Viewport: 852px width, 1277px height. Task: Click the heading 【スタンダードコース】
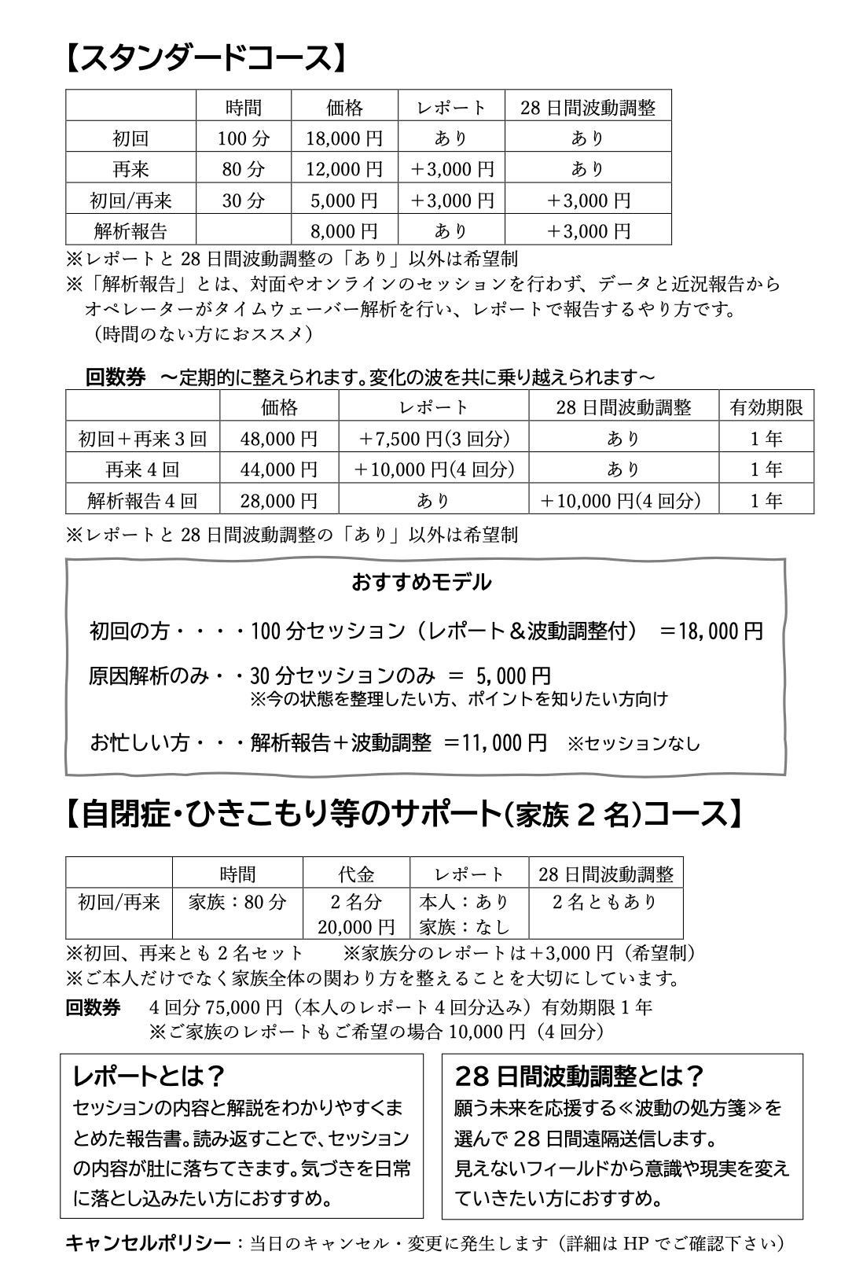tap(204, 57)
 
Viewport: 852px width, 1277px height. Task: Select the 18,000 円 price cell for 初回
tap(344, 138)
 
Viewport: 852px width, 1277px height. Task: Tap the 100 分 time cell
tap(243, 138)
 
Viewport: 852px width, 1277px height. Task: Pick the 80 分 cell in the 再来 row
tap(243, 169)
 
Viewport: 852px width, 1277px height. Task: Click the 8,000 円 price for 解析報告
tap(344, 230)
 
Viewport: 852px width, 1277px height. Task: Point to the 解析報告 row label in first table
tap(130, 230)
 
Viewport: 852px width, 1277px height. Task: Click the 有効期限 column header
tap(766, 407)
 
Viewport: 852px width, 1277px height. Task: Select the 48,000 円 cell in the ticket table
tap(279, 439)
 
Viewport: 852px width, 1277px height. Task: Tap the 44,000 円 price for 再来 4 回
tap(279, 469)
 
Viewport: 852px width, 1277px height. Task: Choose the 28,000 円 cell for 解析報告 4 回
tap(279, 500)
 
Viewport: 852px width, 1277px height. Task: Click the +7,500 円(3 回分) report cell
tap(434, 439)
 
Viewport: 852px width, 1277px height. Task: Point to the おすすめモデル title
tap(421, 583)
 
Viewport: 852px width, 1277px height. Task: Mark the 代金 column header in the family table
tap(356, 874)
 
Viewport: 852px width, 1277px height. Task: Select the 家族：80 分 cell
tap(237, 902)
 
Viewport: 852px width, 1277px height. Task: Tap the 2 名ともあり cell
tap(605, 902)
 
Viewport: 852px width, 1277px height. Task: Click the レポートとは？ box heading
tap(149, 1075)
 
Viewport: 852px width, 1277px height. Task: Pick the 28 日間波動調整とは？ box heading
tap(578, 1075)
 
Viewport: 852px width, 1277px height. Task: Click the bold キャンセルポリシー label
tap(149, 1243)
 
